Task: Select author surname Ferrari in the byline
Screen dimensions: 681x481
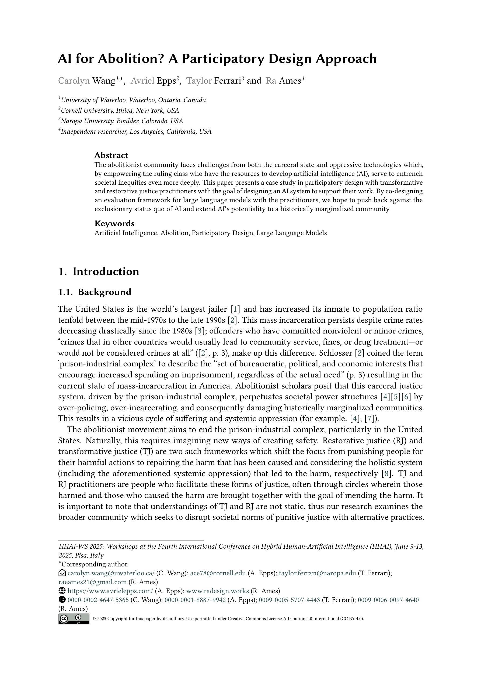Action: [x=227, y=81]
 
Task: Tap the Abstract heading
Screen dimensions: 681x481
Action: [x=111, y=155]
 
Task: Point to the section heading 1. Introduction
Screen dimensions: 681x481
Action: [x=98, y=271]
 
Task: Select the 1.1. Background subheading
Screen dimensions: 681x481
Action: [x=95, y=292]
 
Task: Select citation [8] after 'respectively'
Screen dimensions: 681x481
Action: [x=386, y=473]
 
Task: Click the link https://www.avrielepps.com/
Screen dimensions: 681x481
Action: [x=110, y=591]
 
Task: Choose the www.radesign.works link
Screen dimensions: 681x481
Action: [x=217, y=591]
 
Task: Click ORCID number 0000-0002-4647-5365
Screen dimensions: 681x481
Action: [x=98, y=600]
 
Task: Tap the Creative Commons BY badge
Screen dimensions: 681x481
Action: [x=74, y=619]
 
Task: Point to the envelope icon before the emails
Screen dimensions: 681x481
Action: [x=62, y=573]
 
